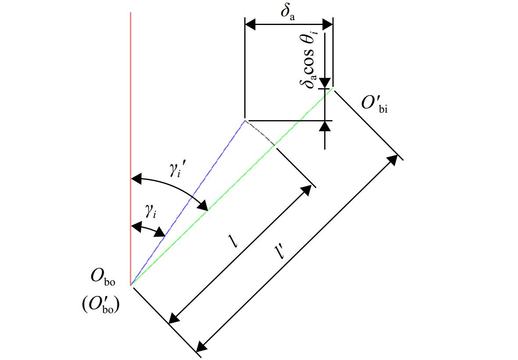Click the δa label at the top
pos(287,12)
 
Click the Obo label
pos(103,277)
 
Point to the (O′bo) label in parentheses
pos(100,306)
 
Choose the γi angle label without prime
pos(150,211)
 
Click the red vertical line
pos(131,149)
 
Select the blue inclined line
pos(188,203)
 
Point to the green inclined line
pos(232,187)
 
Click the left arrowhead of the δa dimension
pos(250,24)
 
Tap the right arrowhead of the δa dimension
pos(327,24)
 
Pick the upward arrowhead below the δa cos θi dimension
pos(325,126)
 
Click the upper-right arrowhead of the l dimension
pos(307,190)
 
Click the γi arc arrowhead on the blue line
pos(160,232)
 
